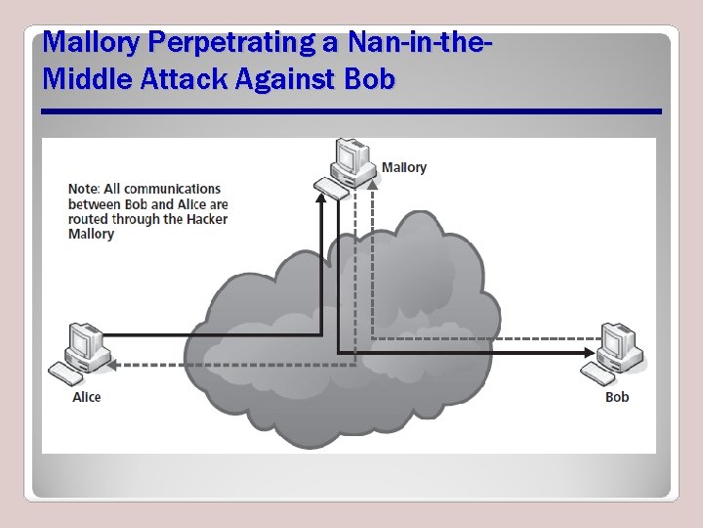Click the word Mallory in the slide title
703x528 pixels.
click(90, 43)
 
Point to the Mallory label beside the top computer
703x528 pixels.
click(403, 167)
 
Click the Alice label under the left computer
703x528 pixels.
click(86, 397)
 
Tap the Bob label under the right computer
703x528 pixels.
click(617, 397)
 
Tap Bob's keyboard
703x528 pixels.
click(599, 374)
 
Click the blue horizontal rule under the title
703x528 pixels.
click(351, 111)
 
